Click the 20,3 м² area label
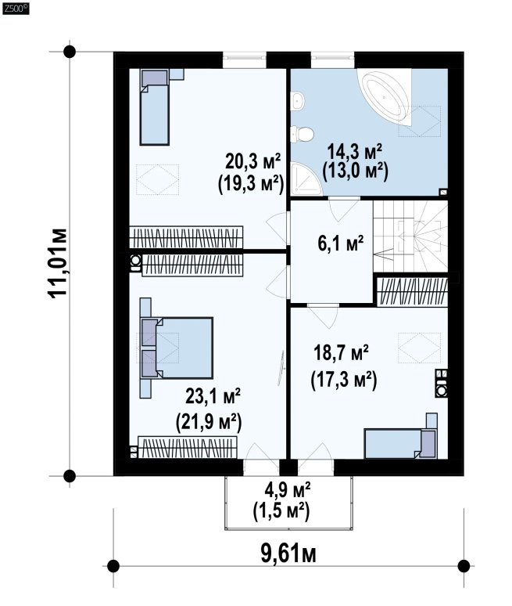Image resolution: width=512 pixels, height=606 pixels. pyautogui.click(x=253, y=161)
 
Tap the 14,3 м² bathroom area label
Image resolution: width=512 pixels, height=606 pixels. pyautogui.click(x=355, y=151)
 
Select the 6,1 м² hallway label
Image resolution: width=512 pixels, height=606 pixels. pyautogui.click(x=341, y=243)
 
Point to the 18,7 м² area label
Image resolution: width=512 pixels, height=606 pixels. pyautogui.click(x=341, y=353)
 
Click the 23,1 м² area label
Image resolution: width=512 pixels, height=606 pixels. pyautogui.click(x=213, y=396)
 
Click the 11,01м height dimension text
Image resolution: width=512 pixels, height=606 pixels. pyautogui.click(x=58, y=264)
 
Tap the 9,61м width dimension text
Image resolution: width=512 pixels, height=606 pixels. pyautogui.click(x=288, y=554)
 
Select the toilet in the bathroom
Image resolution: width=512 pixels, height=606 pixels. pyautogui.click(x=302, y=134)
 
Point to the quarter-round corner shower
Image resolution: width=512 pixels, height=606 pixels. pyautogui.click(x=306, y=179)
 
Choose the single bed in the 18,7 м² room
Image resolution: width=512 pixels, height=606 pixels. pyautogui.click(x=400, y=443)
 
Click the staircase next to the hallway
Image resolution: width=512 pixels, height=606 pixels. pyautogui.click(x=410, y=236)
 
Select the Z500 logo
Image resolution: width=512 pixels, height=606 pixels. pyautogui.click(x=16, y=9)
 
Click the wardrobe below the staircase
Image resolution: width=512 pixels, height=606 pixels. pyautogui.click(x=412, y=290)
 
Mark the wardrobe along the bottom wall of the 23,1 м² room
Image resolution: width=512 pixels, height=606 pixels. pyautogui.click(x=188, y=447)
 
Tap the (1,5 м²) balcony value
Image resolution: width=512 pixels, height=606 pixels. pyautogui.click(x=281, y=512)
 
